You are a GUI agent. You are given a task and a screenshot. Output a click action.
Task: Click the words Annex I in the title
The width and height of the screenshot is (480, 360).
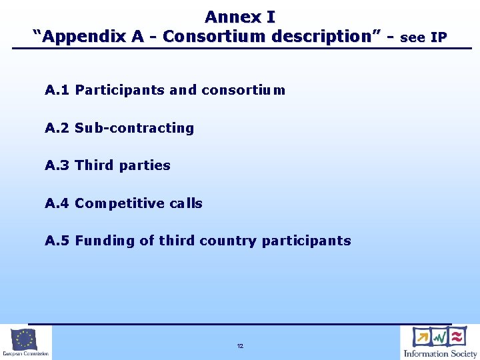pyautogui.click(x=240, y=16)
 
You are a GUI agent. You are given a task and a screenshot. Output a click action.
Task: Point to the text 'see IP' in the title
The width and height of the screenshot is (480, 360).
pyautogui.click(x=424, y=37)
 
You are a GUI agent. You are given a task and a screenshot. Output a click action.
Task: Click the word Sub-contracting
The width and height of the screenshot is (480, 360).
pyautogui.click(x=134, y=128)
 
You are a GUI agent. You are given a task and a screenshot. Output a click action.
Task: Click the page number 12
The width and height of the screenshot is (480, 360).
pyautogui.click(x=240, y=346)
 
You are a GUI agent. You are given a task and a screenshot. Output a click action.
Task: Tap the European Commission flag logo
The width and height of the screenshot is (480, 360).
pyautogui.click(x=25, y=339)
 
